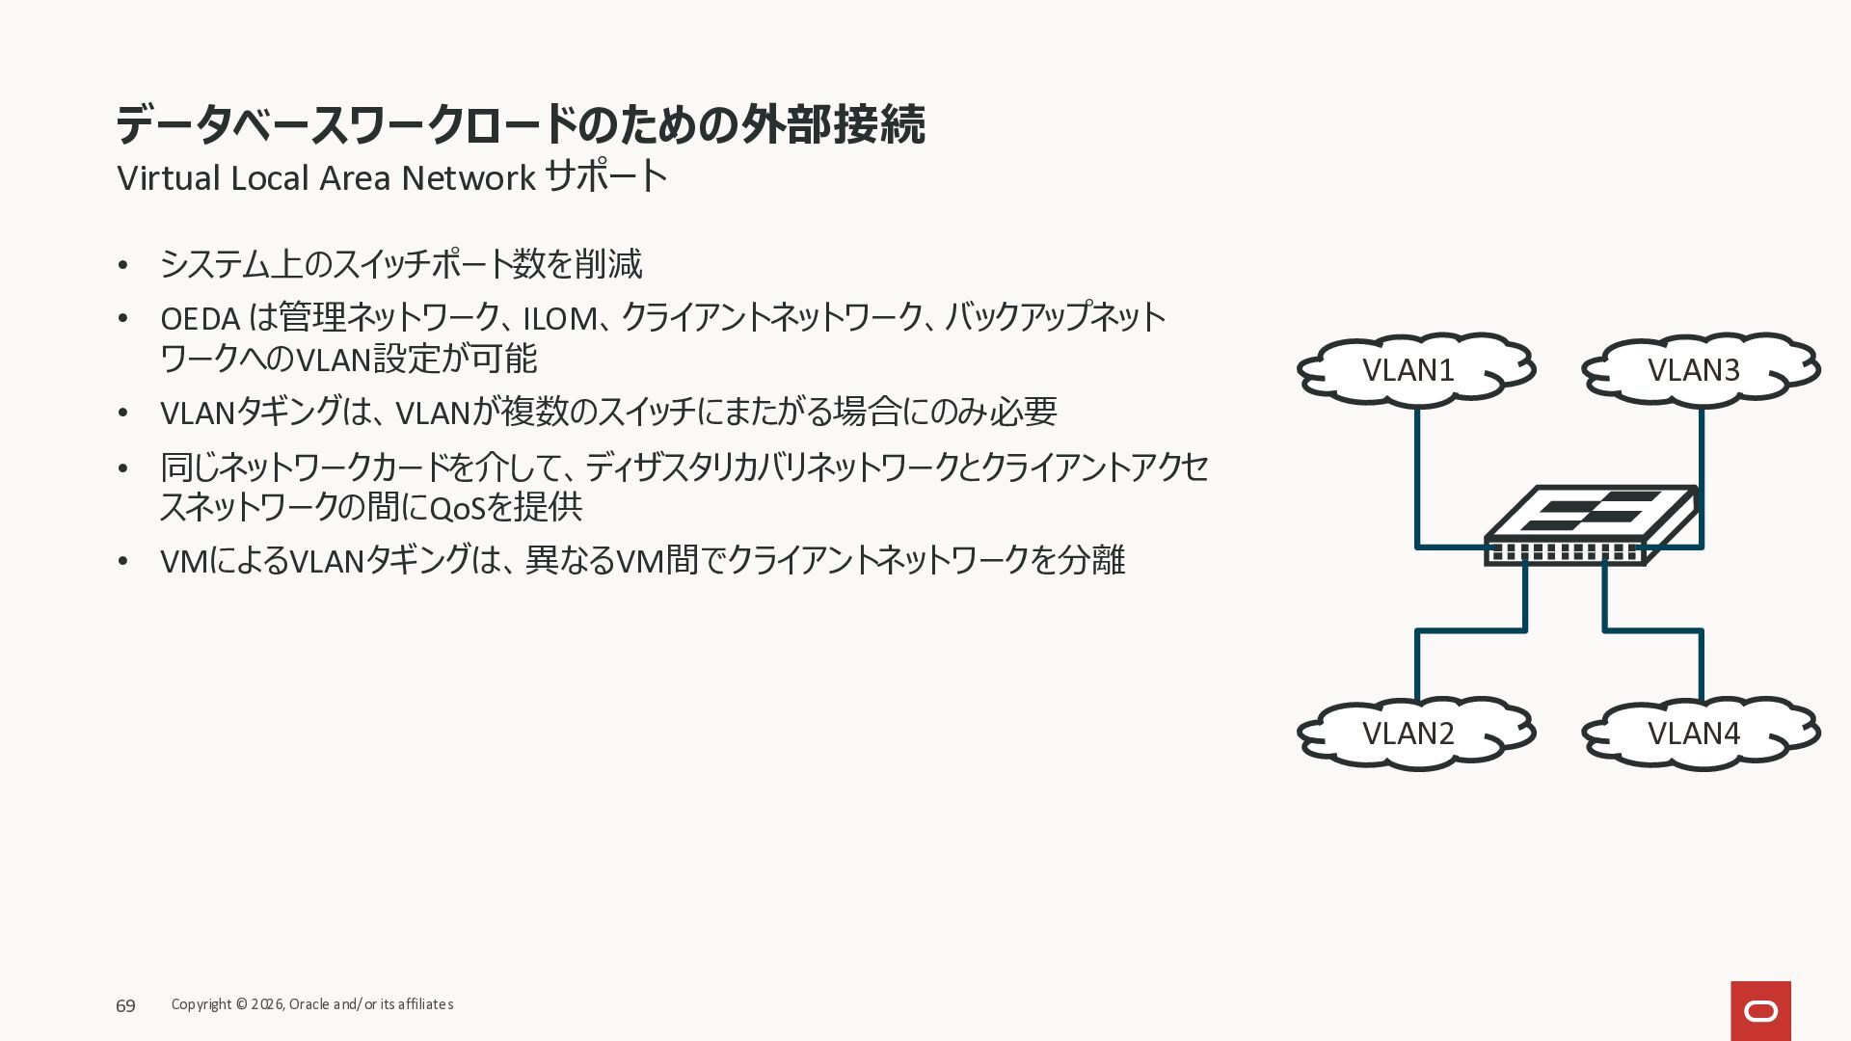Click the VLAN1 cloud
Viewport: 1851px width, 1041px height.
(x=1413, y=370)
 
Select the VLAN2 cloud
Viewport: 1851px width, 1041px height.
(x=1413, y=734)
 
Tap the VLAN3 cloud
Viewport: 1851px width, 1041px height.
(x=1699, y=370)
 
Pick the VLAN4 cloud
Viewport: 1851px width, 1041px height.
(x=1699, y=734)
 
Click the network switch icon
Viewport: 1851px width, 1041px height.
(x=1591, y=524)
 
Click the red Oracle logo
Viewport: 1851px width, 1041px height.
(x=1760, y=1010)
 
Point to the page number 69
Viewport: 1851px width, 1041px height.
(x=125, y=1006)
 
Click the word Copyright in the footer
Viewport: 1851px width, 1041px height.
(x=201, y=1004)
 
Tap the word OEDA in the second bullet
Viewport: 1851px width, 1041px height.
(x=200, y=318)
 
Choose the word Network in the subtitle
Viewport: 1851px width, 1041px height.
(x=469, y=178)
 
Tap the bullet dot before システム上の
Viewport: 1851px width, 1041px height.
(x=122, y=265)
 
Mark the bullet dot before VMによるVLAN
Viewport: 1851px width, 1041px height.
(x=122, y=561)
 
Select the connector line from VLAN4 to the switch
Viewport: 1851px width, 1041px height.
(x=1702, y=665)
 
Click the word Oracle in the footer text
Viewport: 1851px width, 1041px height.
(x=308, y=1004)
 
